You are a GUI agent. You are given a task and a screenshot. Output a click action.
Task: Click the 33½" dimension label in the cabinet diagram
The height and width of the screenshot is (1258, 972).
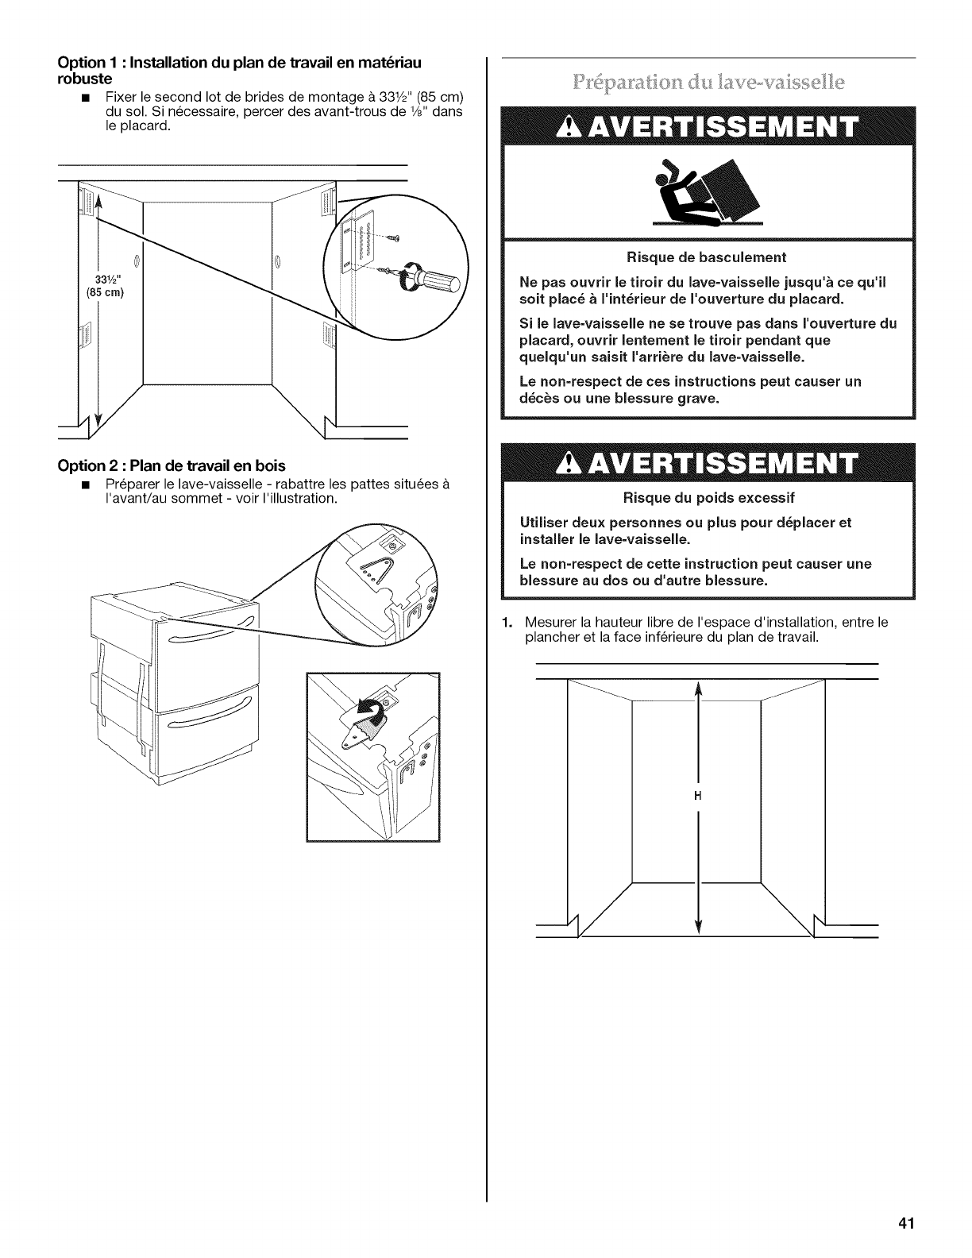pos(106,279)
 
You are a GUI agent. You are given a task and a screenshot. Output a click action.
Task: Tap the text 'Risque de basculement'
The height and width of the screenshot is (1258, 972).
pos(706,257)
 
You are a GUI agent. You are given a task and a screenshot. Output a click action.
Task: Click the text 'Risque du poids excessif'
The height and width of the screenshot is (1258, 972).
pos(708,498)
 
